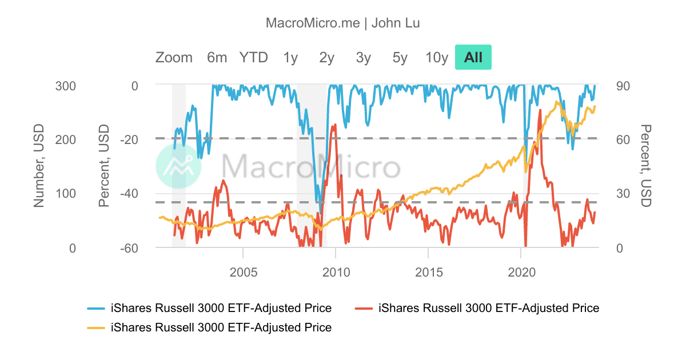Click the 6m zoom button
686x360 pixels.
click(217, 57)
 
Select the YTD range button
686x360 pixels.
click(253, 57)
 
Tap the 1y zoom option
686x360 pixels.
click(290, 57)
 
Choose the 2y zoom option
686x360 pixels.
click(327, 57)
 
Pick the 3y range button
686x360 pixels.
click(364, 57)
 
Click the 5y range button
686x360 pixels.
click(400, 57)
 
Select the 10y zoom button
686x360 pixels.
click(437, 57)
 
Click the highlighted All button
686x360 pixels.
click(473, 57)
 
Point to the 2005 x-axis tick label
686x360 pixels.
click(243, 273)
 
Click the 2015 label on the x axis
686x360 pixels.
click(429, 273)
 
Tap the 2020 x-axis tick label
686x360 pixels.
click(521, 273)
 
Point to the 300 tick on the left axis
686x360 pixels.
click(65, 86)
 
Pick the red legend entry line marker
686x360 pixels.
click(364, 309)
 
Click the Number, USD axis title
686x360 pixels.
click(39, 167)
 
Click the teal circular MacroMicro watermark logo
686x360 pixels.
click(178, 166)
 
